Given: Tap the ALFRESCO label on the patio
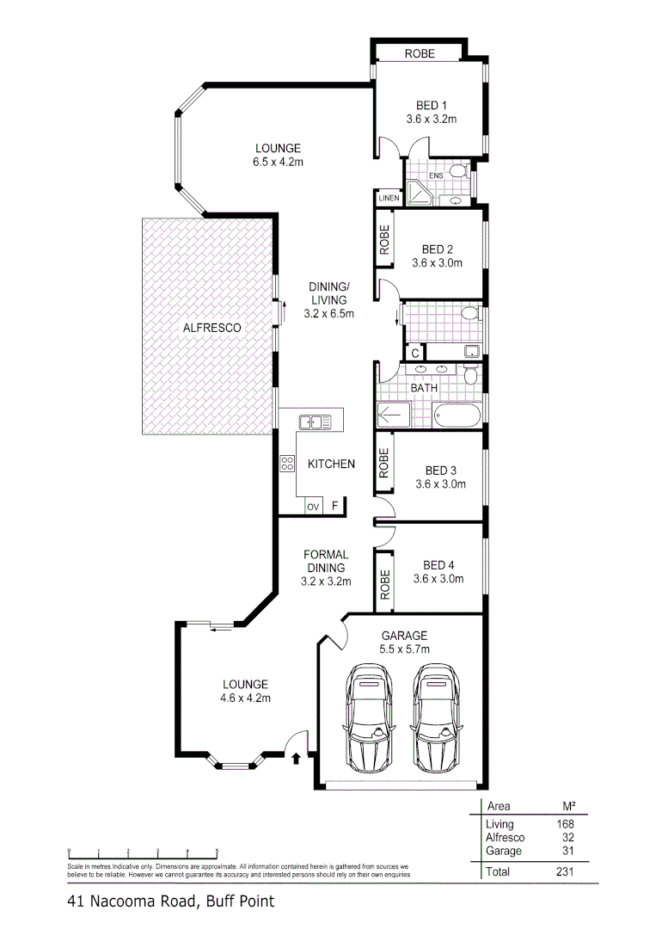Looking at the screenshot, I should pyautogui.click(x=211, y=328).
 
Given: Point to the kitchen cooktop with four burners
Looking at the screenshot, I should pyautogui.click(x=286, y=464).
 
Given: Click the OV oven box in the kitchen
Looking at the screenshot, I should pyautogui.click(x=313, y=507).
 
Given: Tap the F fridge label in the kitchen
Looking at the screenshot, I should pyautogui.click(x=336, y=506).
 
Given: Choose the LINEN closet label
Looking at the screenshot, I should pyautogui.click(x=388, y=199).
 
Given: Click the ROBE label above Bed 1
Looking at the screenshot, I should pyautogui.click(x=420, y=54).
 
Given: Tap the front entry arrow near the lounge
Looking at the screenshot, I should pyautogui.click(x=297, y=758).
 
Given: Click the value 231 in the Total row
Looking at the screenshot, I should pyautogui.click(x=564, y=871).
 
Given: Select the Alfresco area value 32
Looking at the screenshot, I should pyautogui.click(x=567, y=837).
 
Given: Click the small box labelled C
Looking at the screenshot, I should pyautogui.click(x=414, y=353).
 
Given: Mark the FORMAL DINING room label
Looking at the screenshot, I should pyautogui.click(x=325, y=562).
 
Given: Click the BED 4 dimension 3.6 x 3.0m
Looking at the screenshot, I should pyautogui.click(x=438, y=579).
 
